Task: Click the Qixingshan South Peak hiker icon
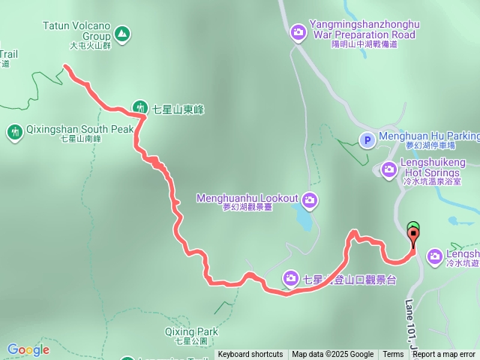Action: click(x=14, y=133)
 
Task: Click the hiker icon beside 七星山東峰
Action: click(x=140, y=109)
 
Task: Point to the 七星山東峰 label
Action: click(x=178, y=109)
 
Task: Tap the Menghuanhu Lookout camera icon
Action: click(x=310, y=199)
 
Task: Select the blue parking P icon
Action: click(x=367, y=139)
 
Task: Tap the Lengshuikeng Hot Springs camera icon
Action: click(x=388, y=169)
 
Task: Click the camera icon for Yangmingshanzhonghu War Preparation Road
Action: click(x=298, y=31)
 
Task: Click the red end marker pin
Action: click(x=413, y=236)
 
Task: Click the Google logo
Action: click(x=28, y=349)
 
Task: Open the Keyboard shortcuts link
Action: click(x=250, y=355)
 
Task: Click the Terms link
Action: click(x=393, y=355)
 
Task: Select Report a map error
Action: click(x=444, y=355)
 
